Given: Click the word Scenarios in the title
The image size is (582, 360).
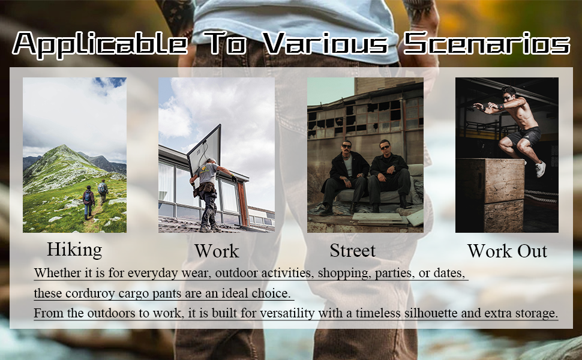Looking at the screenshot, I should [486, 44].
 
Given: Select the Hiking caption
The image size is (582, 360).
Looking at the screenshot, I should [74, 249].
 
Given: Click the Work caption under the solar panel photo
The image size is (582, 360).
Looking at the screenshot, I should [217, 251].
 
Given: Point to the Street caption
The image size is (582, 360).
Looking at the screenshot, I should [353, 250].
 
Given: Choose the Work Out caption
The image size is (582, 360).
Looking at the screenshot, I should [507, 251].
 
